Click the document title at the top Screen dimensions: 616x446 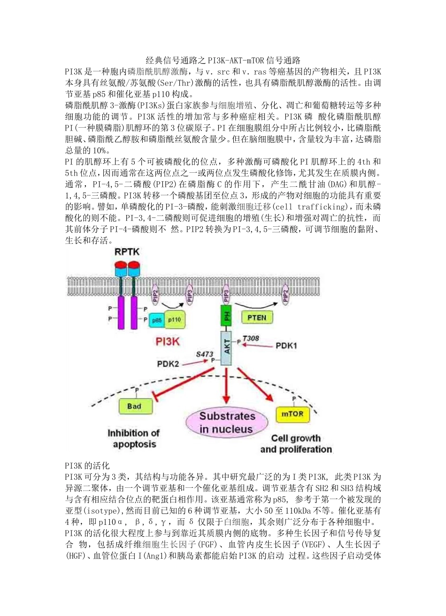(x=223, y=60)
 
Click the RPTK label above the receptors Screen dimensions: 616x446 (x=127, y=252)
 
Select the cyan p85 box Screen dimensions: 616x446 (x=156, y=320)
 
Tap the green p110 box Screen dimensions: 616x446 (x=175, y=319)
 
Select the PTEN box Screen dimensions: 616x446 (x=257, y=317)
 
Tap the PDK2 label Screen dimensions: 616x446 (x=168, y=364)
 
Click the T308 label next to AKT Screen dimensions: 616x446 (x=250, y=338)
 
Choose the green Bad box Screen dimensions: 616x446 (x=134, y=406)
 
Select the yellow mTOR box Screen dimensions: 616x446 (x=292, y=414)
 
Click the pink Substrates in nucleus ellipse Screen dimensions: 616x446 (x=227, y=422)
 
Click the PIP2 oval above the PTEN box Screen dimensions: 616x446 (x=285, y=294)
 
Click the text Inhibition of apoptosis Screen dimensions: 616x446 (x=134, y=438)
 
